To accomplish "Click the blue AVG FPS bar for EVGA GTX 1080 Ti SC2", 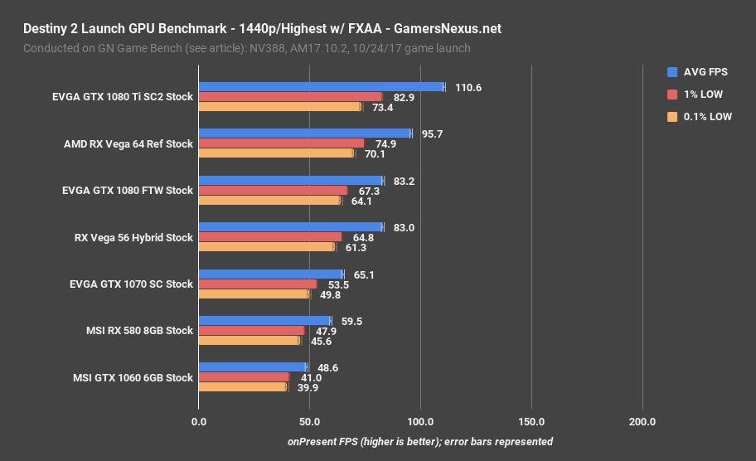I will point(321,87).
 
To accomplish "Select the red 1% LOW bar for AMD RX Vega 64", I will point(281,143).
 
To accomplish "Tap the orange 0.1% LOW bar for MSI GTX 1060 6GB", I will point(242,386).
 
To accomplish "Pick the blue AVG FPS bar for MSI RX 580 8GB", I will point(264,321).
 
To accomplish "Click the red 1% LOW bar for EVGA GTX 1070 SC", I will point(257,284).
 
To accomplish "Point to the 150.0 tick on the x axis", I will point(531,422).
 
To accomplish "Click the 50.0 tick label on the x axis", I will point(309,422).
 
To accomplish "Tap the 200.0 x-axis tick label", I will point(642,422).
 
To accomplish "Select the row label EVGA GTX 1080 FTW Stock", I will point(127,191).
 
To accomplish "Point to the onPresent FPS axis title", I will point(419,442).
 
